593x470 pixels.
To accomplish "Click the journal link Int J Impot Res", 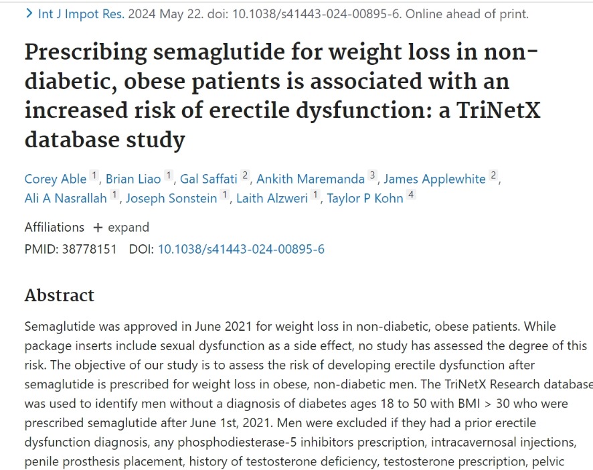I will click(81, 14).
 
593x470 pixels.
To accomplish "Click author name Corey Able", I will click(56, 179).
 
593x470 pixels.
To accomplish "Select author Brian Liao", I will click(133, 179).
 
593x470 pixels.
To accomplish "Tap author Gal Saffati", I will click(209, 179).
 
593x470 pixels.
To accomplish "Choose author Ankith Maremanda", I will click(311, 179).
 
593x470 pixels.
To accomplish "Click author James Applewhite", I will click(434, 179).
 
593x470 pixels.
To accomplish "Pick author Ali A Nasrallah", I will click(66, 198).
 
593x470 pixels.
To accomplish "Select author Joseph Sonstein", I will click(171, 198).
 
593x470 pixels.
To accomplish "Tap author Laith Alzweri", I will click(272, 198).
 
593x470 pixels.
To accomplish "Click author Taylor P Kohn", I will click(365, 198).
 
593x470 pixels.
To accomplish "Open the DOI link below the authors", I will click(241, 249).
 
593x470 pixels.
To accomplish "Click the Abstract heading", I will click(60, 295).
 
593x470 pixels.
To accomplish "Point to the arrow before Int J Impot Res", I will click(29, 13).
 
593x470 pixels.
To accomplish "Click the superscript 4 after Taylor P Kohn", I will click(411, 195).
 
